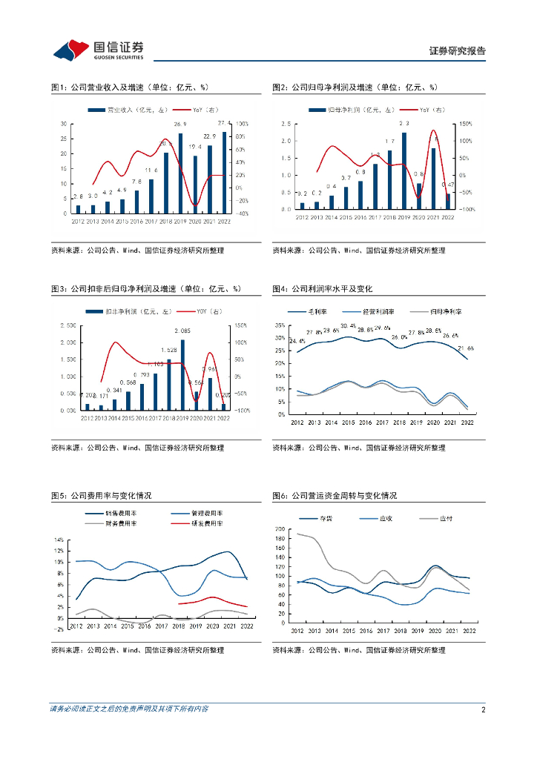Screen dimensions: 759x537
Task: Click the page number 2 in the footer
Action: [483, 709]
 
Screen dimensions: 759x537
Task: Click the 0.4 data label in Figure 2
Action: [332, 186]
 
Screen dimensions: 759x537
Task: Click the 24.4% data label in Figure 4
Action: [297, 341]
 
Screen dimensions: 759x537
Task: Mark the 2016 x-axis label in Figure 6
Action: [366, 631]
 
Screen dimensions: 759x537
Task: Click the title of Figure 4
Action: [322, 288]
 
